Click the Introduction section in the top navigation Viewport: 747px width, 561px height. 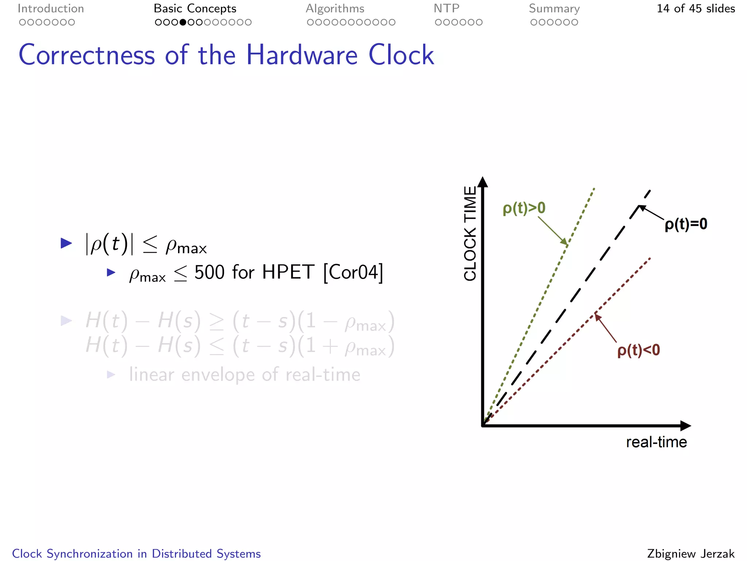[x=51, y=8]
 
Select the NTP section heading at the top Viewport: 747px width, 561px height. [x=446, y=8]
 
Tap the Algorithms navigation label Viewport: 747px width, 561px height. [x=335, y=8]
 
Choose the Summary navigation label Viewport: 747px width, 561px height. [x=554, y=8]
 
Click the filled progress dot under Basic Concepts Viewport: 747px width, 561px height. [x=183, y=22]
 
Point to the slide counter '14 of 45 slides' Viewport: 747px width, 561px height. [x=696, y=8]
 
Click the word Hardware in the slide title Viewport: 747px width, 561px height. [x=302, y=55]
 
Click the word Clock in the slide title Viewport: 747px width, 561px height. [x=401, y=55]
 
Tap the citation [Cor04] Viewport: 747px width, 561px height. [x=353, y=272]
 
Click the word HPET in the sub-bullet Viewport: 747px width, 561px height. [x=288, y=272]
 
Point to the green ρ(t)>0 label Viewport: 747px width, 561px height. [x=524, y=208]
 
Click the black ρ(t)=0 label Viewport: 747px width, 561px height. [x=686, y=224]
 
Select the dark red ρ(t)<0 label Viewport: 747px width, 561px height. [x=638, y=350]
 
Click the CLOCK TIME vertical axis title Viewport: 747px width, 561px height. [x=470, y=234]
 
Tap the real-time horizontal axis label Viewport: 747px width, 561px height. [x=656, y=442]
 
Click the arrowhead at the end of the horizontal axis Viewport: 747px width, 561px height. [x=685, y=425]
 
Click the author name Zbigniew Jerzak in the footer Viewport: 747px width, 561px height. [x=690, y=553]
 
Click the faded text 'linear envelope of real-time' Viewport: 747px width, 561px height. [x=244, y=374]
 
